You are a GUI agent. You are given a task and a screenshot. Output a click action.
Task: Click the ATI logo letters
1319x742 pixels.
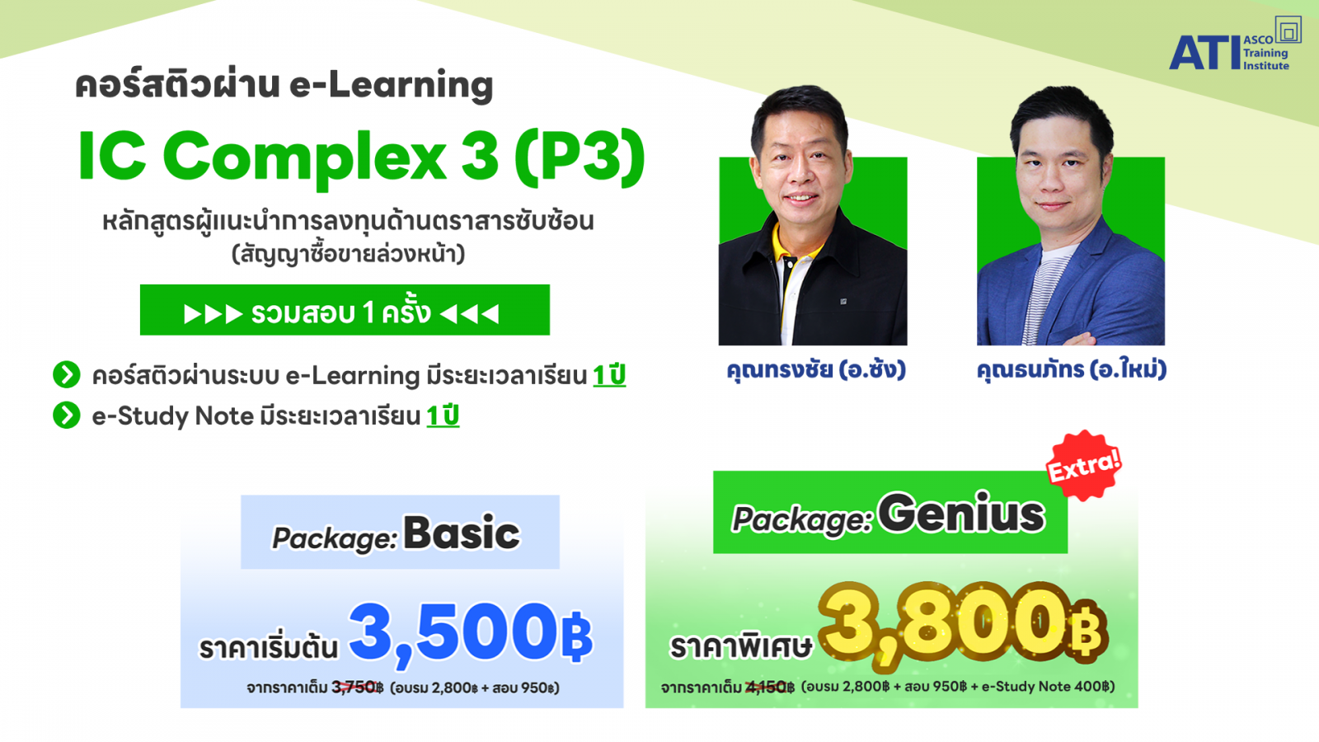coord(1204,53)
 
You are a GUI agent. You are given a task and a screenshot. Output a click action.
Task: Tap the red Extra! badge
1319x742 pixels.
coord(1083,465)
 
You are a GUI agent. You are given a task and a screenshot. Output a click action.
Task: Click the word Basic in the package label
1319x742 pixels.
coord(462,533)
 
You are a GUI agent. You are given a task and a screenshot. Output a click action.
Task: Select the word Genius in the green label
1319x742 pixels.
coord(961,514)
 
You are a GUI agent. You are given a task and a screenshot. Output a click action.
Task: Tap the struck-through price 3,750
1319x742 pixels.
coord(354,688)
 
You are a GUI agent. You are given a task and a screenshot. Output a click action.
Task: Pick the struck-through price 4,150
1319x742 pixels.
coord(767,687)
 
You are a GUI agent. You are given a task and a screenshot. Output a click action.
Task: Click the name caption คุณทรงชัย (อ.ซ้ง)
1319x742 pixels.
coord(815,370)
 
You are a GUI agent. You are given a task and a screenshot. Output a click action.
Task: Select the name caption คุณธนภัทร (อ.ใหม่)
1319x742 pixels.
coord(1071,370)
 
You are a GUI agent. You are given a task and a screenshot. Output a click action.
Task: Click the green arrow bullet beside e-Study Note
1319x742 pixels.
coord(67,416)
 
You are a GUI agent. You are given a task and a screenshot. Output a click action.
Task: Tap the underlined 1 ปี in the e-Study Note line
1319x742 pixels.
coord(443,416)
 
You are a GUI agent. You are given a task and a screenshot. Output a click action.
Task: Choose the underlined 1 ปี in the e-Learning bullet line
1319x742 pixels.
coord(609,375)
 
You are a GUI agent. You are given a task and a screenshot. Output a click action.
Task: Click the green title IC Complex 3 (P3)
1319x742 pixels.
coord(362,157)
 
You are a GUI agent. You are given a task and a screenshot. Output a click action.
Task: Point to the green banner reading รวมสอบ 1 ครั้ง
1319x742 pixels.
coord(345,310)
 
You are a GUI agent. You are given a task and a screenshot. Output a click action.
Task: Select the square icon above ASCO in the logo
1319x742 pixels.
coord(1288,30)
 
